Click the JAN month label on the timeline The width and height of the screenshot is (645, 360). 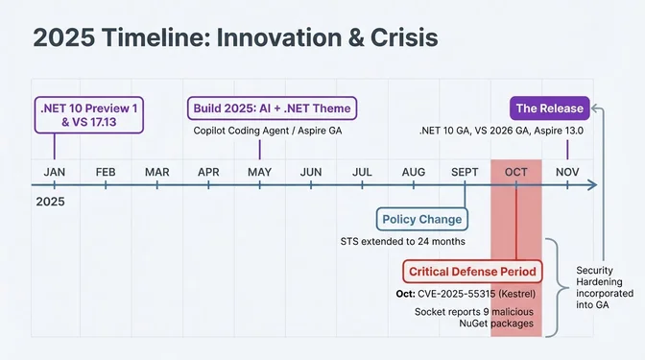[55, 172]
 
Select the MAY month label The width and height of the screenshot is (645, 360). [259, 172]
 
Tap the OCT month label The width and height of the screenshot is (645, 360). [515, 172]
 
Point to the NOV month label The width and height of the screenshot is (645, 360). [567, 172]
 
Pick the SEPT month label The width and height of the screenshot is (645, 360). [465, 172]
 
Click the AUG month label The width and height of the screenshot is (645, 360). [414, 172]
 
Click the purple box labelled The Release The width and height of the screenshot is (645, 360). [548, 108]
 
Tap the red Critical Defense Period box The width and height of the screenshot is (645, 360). [471, 271]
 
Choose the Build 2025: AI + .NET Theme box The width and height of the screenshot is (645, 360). [272, 108]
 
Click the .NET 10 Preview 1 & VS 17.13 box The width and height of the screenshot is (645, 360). [87, 115]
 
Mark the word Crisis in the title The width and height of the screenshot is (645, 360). [397, 38]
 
